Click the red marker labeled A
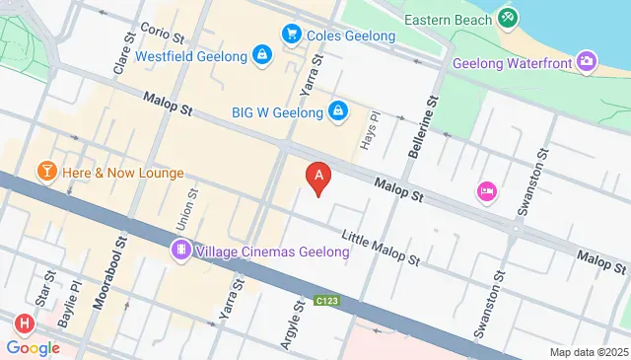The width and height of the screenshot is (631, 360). pyautogui.click(x=317, y=178)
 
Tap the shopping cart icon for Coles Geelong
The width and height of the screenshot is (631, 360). pyautogui.click(x=292, y=36)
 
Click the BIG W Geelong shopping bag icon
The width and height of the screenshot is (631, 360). pyautogui.click(x=338, y=110)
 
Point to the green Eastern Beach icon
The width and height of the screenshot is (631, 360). pyautogui.click(x=507, y=17)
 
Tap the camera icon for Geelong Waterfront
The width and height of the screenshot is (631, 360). pyautogui.click(x=587, y=63)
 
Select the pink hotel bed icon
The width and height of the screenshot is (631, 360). pyautogui.click(x=485, y=190)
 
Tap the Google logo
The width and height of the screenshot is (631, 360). pyautogui.click(x=34, y=347)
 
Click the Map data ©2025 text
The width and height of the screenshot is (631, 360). pyautogui.click(x=588, y=352)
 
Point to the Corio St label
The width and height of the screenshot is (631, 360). pyautogui.click(x=161, y=33)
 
